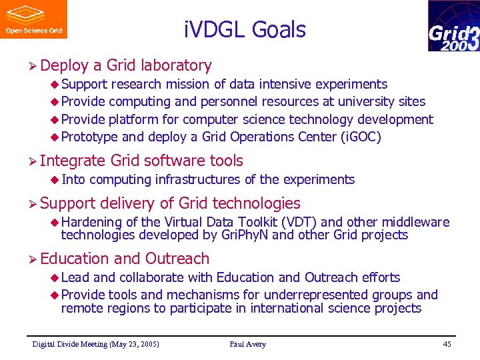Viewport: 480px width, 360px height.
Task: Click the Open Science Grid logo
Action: tap(33, 19)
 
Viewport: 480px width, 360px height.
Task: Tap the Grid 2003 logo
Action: tap(453, 26)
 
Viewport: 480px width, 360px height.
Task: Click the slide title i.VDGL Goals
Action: tap(244, 30)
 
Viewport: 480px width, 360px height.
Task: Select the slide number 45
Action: tap(446, 344)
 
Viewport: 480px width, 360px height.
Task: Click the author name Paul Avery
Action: tap(247, 344)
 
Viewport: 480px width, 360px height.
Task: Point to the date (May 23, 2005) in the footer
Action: tap(131, 344)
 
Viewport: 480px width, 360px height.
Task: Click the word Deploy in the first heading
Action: tap(64, 65)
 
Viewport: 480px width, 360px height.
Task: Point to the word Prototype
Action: tap(89, 137)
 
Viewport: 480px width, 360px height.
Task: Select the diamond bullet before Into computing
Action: tap(55, 179)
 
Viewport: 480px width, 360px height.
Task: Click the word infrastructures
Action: tap(199, 179)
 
